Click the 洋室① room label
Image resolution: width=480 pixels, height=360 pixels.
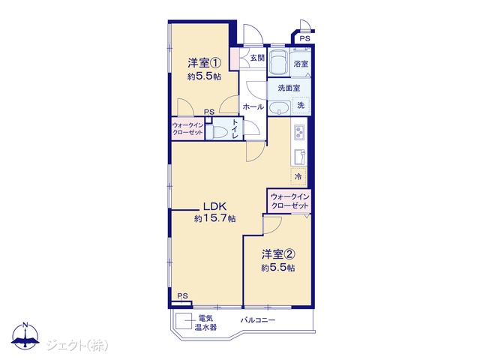click(x=204, y=63)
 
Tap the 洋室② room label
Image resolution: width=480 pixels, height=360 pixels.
click(x=278, y=254)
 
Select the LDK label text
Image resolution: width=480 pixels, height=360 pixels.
click(x=214, y=206)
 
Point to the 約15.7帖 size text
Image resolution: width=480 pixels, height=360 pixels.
click(x=214, y=218)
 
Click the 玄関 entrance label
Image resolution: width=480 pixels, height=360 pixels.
click(x=257, y=58)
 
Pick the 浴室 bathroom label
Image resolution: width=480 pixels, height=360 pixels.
click(x=301, y=64)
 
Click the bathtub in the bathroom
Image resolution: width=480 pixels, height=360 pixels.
click(x=278, y=61)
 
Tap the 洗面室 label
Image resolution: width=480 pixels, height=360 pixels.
click(x=289, y=88)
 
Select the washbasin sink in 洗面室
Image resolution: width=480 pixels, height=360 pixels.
click(x=279, y=108)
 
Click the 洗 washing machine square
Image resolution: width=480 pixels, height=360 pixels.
click(x=301, y=105)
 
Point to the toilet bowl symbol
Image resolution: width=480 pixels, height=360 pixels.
click(x=220, y=132)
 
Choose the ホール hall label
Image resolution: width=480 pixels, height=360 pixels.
click(x=253, y=106)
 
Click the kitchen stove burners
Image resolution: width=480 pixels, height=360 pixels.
click(x=299, y=132)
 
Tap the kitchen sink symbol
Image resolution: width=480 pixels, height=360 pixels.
click(x=299, y=157)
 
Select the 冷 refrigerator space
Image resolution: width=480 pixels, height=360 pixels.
click(x=298, y=176)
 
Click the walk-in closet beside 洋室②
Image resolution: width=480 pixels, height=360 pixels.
click(x=289, y=201)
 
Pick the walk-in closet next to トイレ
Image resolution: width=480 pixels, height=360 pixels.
click(x=187, y=129)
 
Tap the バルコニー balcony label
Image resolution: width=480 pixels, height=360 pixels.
click(x=257, y=320)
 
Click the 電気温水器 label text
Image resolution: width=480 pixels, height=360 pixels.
click(x=205, y=322)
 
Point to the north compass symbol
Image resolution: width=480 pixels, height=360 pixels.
click(x=25, y=336)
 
